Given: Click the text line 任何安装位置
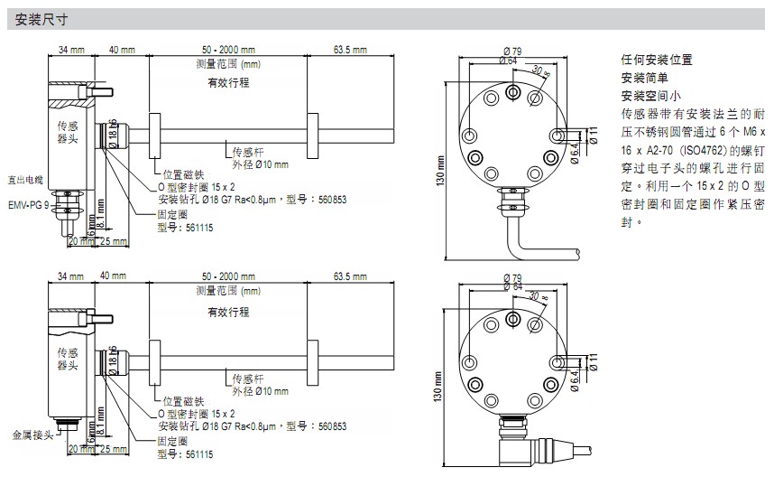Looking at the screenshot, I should [x=657, y=60].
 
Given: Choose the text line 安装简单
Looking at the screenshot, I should [x=645, y=78].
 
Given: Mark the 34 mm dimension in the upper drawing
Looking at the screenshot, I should [x=71, y=49].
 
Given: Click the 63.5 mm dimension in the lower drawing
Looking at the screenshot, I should [x=350, y=275].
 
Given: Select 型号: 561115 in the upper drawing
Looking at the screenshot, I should [x=186, y=229].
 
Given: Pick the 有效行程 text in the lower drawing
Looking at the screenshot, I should [x=227, y=312].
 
